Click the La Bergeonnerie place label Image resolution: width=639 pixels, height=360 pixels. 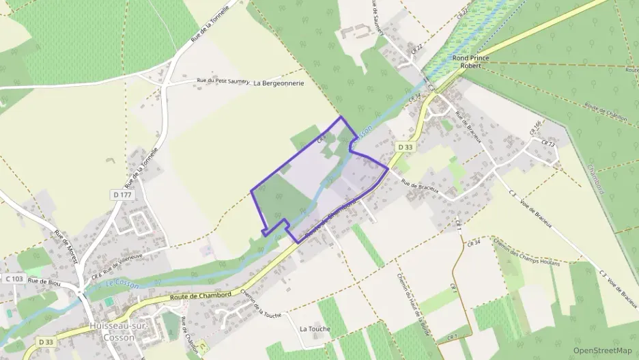pos(279,83)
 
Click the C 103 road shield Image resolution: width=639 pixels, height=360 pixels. pos(14,279)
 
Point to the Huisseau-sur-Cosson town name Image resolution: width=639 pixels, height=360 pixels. pos(114,331)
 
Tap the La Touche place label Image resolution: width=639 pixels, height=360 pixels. pos(315,329)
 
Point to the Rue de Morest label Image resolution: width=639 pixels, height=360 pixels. pos(64,244)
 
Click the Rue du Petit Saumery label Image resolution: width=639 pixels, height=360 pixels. pos(223,81)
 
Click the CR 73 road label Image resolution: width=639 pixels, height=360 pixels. pos(548,144)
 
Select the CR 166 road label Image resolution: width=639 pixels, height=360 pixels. pos(535,128)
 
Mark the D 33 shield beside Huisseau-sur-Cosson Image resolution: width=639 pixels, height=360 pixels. pos(46,342)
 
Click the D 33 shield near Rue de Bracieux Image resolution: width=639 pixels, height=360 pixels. pos(406,147)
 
